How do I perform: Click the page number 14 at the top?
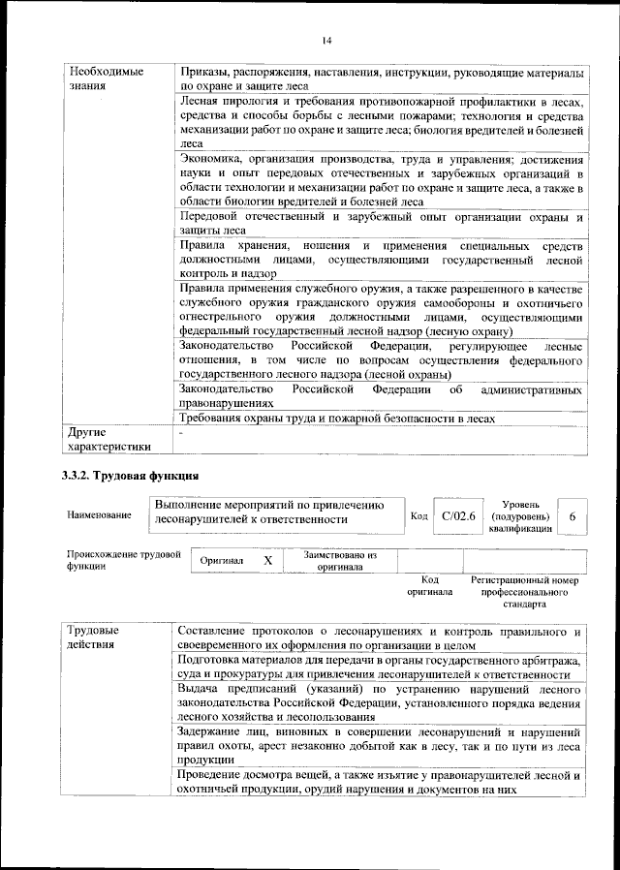pos(327,40)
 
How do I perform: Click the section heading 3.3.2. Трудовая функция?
pos(131,476)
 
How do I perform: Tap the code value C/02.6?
pos(457,516)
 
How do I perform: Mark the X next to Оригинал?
pos(268,561)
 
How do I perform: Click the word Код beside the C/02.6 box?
pos(419,516)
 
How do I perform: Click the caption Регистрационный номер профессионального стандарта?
pos(524,590)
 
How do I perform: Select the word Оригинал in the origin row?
pos(222,562)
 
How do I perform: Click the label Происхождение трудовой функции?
pos(124,560)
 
